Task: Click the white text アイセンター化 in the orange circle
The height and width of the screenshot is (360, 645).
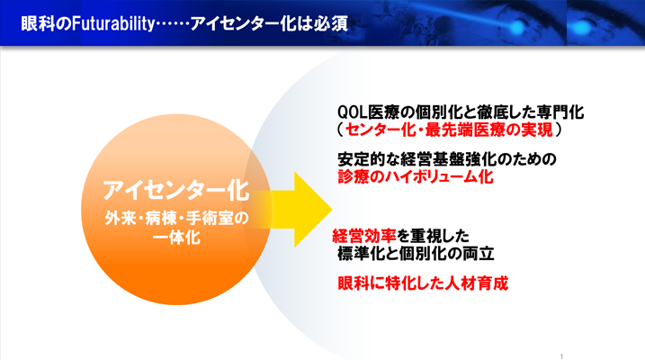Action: click(x=175, y=191)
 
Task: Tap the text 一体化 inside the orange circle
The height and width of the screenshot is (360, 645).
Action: click(x=175, y=238)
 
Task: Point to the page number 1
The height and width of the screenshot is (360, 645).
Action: click(x=560, y=355)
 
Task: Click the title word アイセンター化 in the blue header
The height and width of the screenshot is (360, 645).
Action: click(x=255, y=17)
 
